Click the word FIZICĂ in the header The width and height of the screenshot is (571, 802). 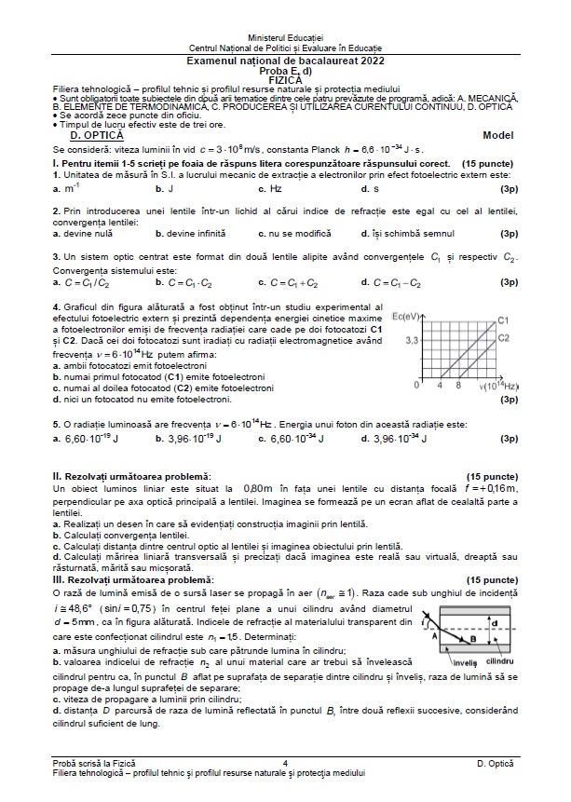285,79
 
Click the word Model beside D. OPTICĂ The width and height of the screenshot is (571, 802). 498,135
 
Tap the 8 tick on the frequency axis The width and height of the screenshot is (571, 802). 459,385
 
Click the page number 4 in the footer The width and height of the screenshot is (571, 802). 284,763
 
